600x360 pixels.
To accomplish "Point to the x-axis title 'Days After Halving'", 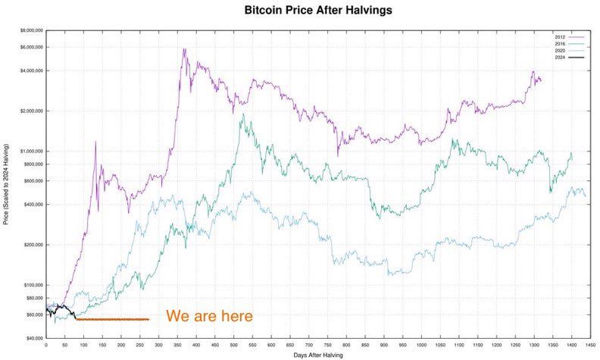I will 317,355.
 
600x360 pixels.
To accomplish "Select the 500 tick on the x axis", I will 233,345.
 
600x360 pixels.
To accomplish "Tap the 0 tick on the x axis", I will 46,345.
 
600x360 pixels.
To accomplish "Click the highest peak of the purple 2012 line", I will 183,49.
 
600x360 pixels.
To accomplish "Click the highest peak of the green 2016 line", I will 242,115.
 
